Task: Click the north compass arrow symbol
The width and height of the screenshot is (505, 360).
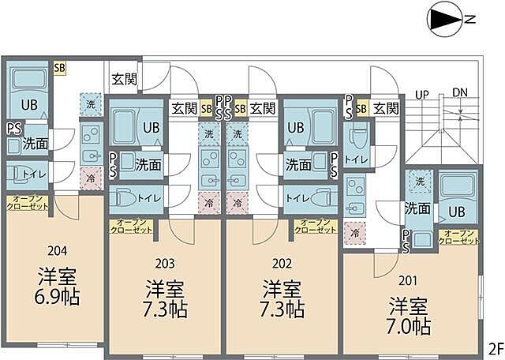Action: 443,18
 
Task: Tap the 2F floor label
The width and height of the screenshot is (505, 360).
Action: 495,348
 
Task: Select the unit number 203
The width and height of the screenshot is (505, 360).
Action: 166,264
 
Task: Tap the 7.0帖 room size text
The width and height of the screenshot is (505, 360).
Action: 410,325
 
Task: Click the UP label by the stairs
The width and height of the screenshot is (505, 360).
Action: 421,96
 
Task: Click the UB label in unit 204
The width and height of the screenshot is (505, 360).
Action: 28,105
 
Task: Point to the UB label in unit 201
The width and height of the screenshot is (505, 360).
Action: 457,211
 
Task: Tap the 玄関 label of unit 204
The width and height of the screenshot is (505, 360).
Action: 124,78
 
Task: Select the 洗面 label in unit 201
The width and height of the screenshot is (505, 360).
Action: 417,209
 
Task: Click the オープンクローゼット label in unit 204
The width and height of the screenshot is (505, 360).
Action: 28,202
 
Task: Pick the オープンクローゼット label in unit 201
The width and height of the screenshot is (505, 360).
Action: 460,236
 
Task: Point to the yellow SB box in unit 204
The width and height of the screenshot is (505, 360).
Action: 59,68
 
